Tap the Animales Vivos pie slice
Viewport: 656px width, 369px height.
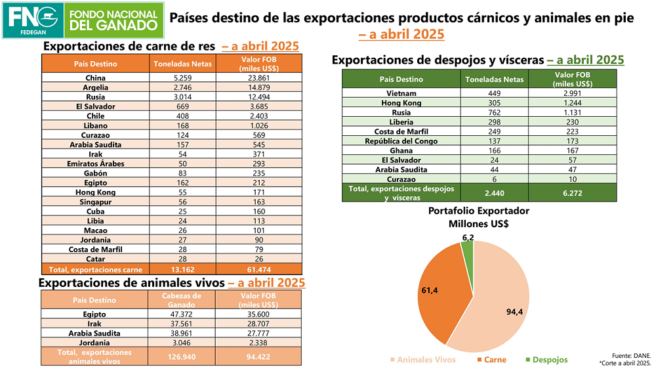tap(499, 309)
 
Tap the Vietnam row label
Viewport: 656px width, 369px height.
tap(401, 93)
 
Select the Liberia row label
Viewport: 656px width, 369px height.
tap(401, 121)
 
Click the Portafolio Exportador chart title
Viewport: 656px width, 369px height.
tap(479, 217)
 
